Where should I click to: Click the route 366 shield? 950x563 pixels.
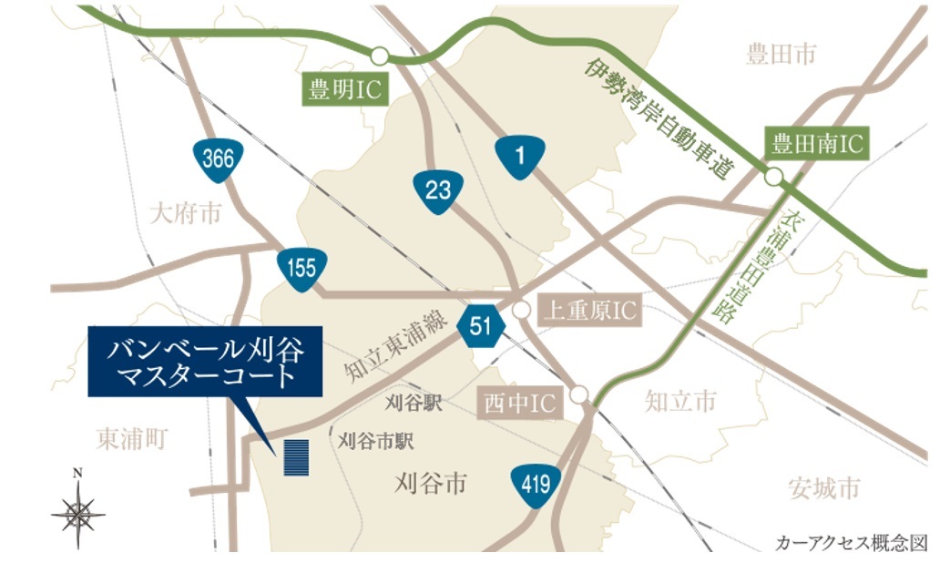pos(219,159)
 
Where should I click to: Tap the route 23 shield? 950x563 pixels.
pos(437,190)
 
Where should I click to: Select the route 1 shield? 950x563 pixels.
pos(520,158)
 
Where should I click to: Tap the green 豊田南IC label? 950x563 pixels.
pos(817,143)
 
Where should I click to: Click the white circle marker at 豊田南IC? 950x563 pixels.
pos(773,178)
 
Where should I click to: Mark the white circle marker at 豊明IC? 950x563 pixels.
pos(379,56)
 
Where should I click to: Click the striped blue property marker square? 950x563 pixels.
pos(296,457)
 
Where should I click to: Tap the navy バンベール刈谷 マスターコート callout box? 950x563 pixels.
pos(205,361)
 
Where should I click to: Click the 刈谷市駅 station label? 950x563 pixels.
pos(376,442)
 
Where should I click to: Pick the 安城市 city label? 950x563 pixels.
pos(823,488)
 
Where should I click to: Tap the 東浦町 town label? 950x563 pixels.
pos(131,439)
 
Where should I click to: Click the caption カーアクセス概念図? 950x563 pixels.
pos(852,543)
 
